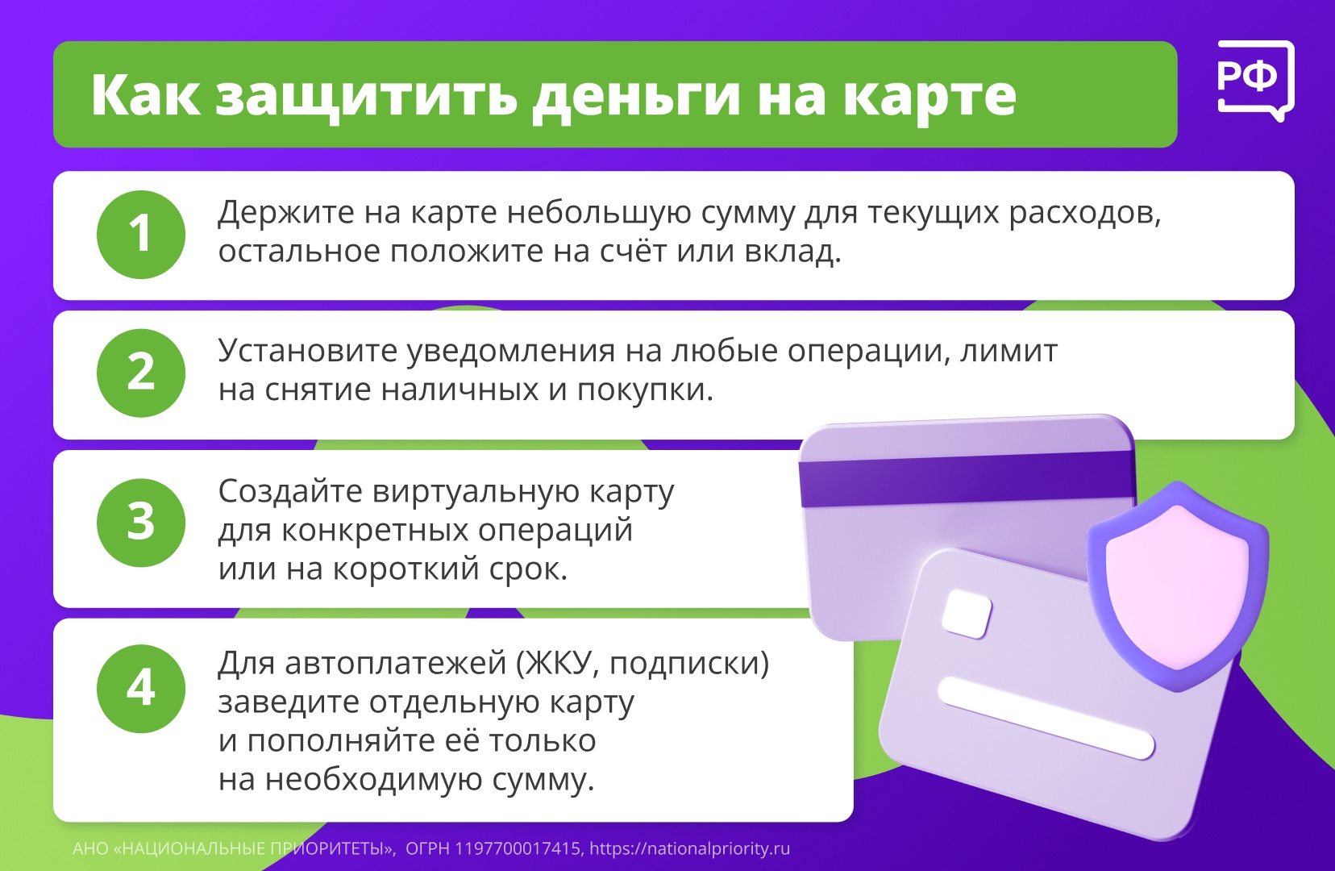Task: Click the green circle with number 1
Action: [x=141, y=235]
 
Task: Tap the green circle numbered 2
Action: [x=141, y=373]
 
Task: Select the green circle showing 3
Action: [x=141, y=523]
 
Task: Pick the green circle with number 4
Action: [x=141, y=689]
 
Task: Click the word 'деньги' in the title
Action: [x=636, y=96]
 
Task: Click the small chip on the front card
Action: [x=967, y=614]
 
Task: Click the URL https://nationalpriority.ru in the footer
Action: [x=689, y=848]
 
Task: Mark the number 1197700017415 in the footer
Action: [x=518, y=848]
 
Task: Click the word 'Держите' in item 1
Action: [x=286, y=213]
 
